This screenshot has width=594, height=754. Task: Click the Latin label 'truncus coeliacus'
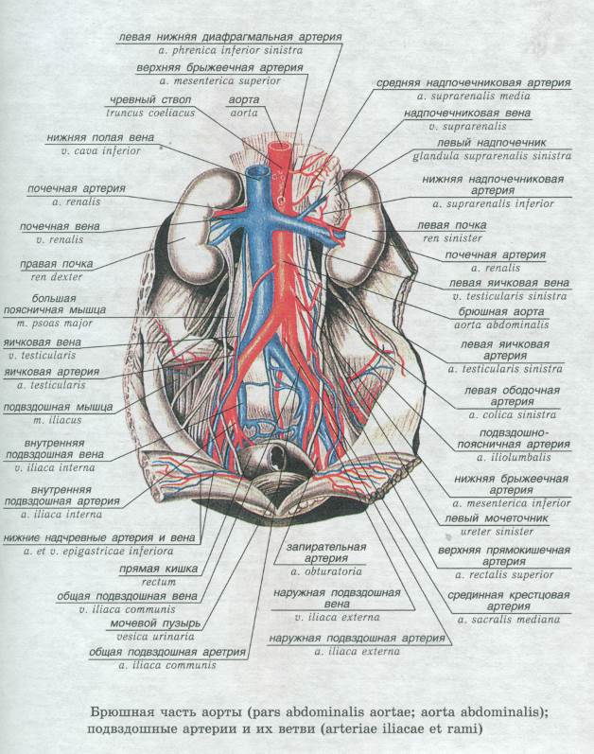tap(150, 113)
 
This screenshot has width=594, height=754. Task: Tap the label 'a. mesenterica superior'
tap(220, 80)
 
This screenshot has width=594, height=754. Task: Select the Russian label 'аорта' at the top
tap(244, 100)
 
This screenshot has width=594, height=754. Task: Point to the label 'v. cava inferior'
tap(101, 151)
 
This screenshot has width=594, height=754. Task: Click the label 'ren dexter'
tap(57, 277)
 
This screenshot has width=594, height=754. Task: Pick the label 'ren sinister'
tap(452, 238)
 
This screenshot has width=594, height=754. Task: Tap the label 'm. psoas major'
tap(54, 324)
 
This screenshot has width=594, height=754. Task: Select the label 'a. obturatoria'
tap(326, 571)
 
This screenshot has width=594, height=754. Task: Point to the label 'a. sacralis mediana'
tap(509, 620)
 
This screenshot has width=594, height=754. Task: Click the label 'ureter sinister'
tap(497, 532)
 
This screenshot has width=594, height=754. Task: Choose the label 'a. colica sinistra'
tap(513, 414)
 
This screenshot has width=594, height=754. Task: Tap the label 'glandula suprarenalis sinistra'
tap(492, 156)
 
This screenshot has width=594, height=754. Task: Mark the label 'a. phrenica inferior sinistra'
tap(231, 50)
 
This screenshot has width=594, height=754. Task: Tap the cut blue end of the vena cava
tap(256, 170)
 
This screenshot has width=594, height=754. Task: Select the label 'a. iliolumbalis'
tap(514, 457)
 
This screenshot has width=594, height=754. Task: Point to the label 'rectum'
tap(159, 582)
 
